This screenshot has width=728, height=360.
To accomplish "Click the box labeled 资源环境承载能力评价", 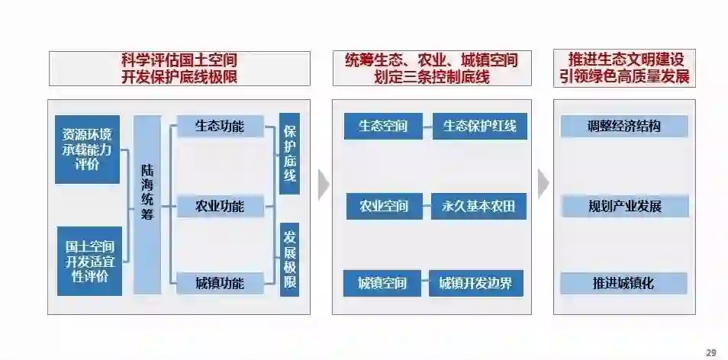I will pyautogui.click(x=87, y=149).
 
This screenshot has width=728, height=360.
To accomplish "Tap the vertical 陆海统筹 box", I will pyautogui.click(x=147, y=204).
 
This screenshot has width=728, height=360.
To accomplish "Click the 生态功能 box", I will pyautogui.click(x=220, y=126).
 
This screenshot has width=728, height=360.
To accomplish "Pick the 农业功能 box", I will pyautogui.click(x=220, y=206).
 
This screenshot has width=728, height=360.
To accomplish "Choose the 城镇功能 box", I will pyautogui.click(x=220, y=283).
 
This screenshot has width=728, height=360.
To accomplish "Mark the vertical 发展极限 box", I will pyautogui.click(x=290, y=259).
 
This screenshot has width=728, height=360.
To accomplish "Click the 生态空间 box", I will pyautogui.click(x=383, y=126).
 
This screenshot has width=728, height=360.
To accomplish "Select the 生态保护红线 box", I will pyautogui.click(x=479, y=126).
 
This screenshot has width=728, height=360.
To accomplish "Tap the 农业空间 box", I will pyautogui.click(x=384, y=206).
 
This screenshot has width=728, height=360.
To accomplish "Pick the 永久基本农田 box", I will pyautogui.click(x=479, y=206).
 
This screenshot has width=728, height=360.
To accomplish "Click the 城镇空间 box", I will pyautogui.click(x=382, y=284).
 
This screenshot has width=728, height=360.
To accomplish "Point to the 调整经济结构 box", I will pyautogui.click(x=624, y=126).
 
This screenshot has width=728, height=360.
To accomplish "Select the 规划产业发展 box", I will pyautogui.click(x=624, y=206).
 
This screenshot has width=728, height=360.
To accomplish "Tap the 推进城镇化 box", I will pyautogui.click(x=623, y=284).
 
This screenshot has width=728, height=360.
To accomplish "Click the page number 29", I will pyautogui.click(x=711, y=352).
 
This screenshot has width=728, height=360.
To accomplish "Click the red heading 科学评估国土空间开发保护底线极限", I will pyautogui.click(x=179, y=68).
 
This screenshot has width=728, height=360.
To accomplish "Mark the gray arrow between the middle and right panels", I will pyautogui.click(x=543, y=184).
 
